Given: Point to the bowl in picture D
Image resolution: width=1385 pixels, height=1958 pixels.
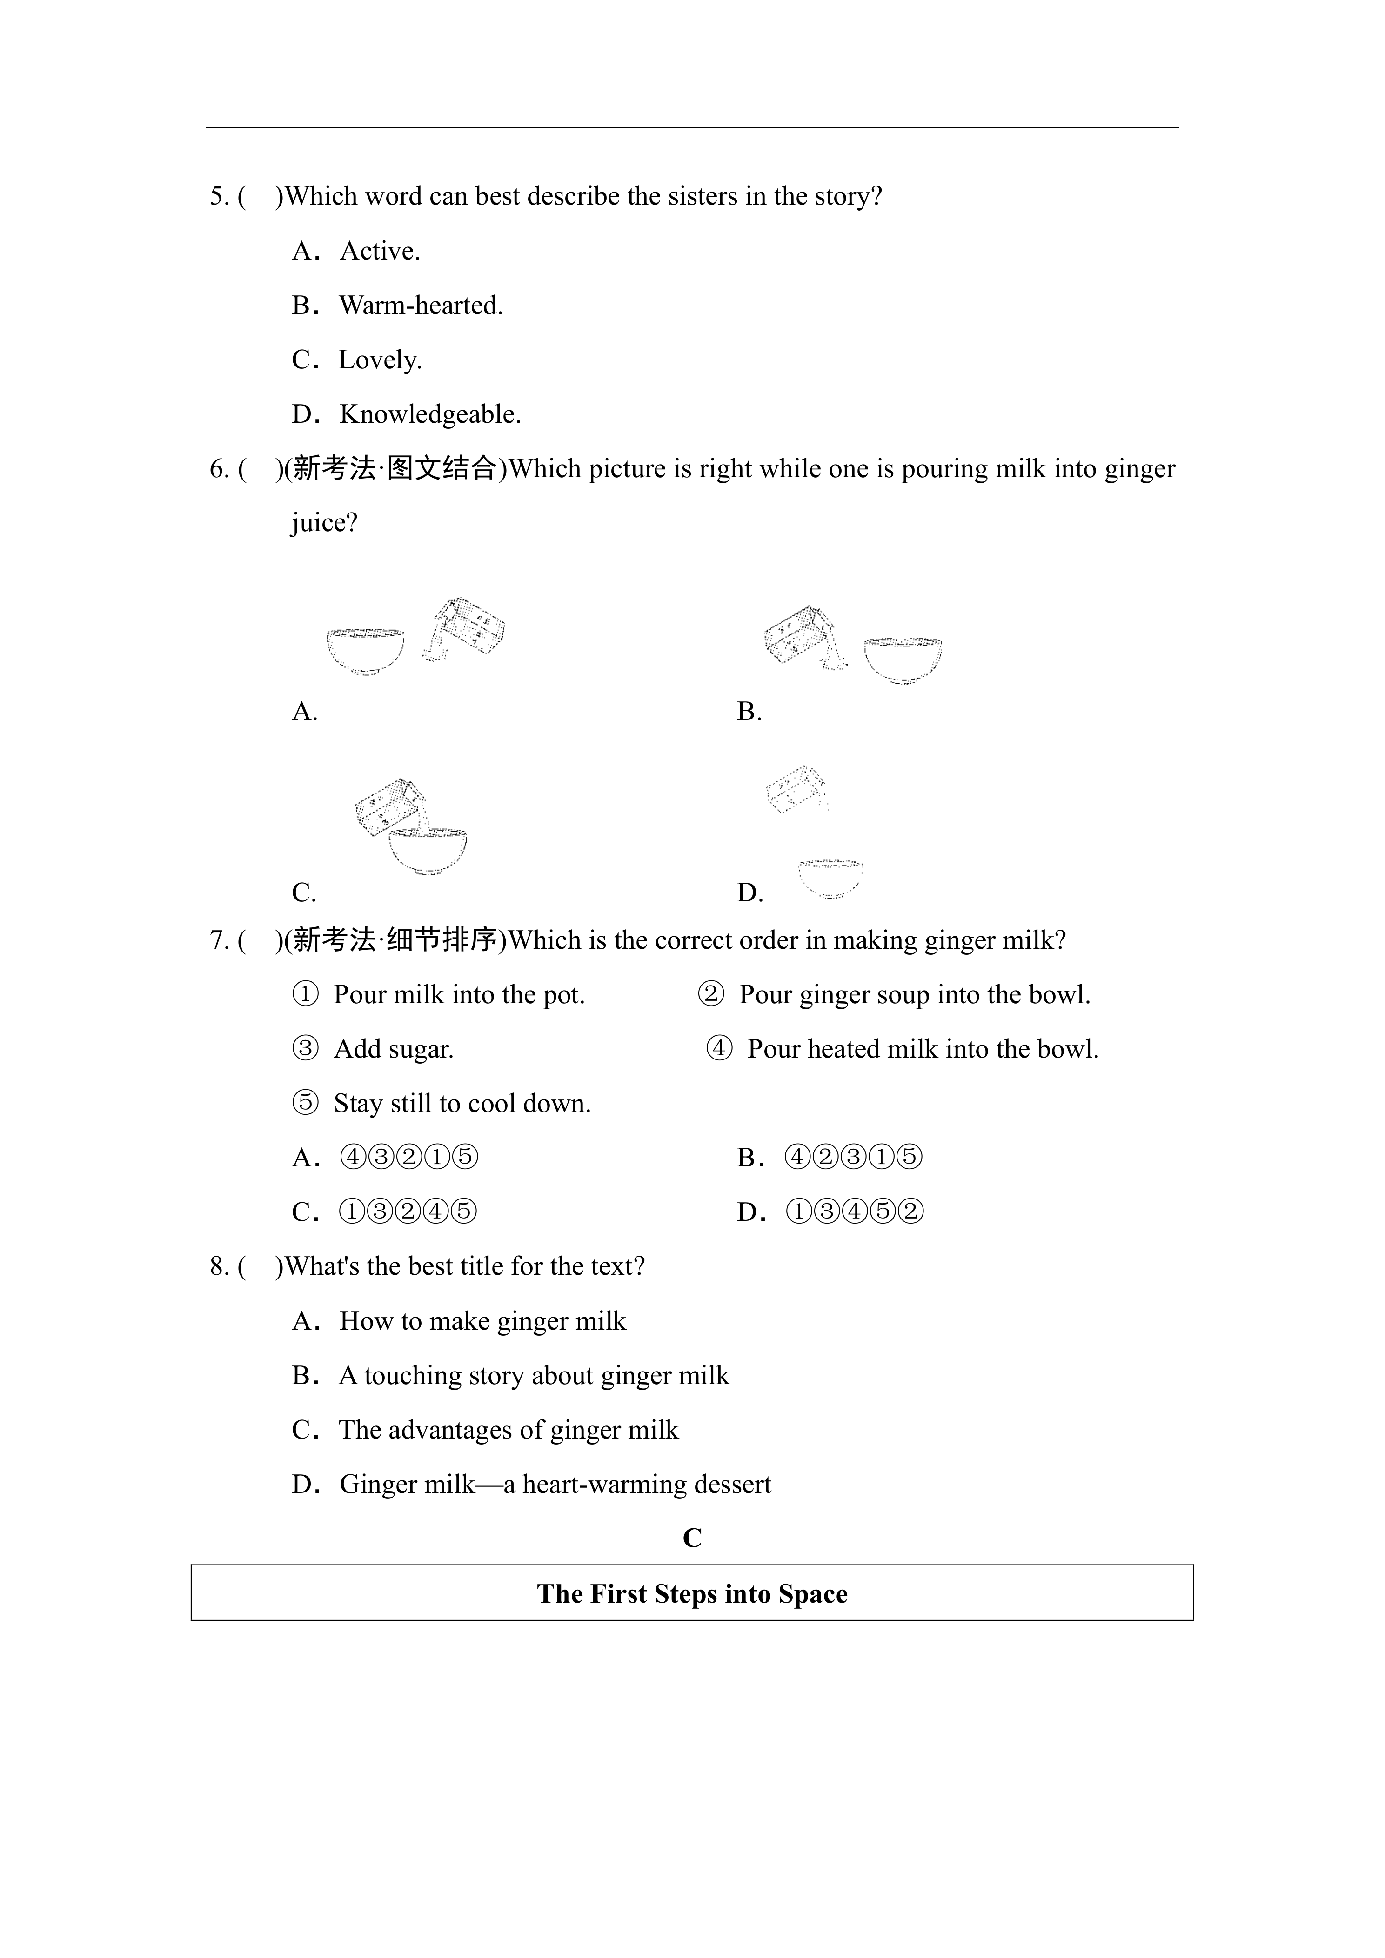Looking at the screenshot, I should [x=830, y=879].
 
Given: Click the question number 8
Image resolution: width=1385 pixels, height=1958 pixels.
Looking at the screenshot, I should [x=218, y=1266].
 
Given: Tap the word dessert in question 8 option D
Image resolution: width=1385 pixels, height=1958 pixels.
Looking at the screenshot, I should [x=733, y=1485].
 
